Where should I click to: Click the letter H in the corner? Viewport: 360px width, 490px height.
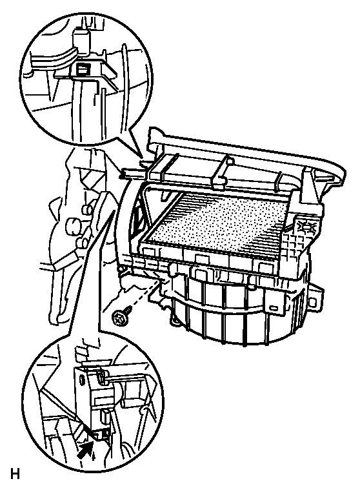pyautogui.click(x=15, y=474)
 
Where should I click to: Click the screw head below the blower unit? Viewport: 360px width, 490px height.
pyautogui.click(x=119, y=320)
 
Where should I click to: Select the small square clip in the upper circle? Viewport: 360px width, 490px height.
pyautogui.click(x=83, y=68)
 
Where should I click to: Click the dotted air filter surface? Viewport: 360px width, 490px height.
pyautogui.click(x=219, y=221)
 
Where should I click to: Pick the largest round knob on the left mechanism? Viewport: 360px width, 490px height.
pyautogui.click(x=72, y=225)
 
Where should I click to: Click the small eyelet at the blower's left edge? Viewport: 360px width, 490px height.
pyautogui.click(x=120, y=269)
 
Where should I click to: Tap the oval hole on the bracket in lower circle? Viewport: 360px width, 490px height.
pyautogui.click(x=82, y=380)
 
